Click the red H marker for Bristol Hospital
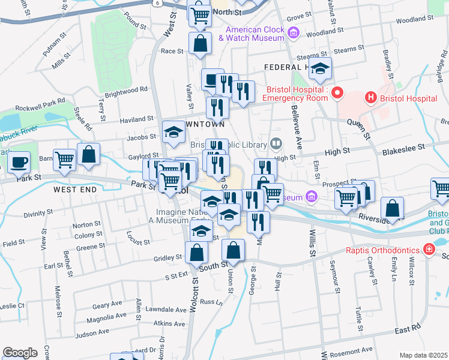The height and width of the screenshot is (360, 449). [x=371, y=97]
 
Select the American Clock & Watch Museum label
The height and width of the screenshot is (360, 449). [x=251, y=34]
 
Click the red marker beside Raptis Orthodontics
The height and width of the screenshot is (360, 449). [x=428, y=248]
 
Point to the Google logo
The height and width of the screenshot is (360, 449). [x=20, y=353]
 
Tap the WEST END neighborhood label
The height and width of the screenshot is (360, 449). [x=75, y=190]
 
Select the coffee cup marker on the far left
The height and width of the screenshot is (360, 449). [x=20, y=162]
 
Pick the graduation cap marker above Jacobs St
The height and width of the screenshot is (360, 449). [x=174, y=133]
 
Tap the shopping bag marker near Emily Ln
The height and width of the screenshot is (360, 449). [x=392, y=209]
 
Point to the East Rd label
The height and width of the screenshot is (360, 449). [x=407, y=329]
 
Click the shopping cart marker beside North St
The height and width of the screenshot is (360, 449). [x=200, y=14]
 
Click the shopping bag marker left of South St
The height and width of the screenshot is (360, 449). [x=197, y=253]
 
